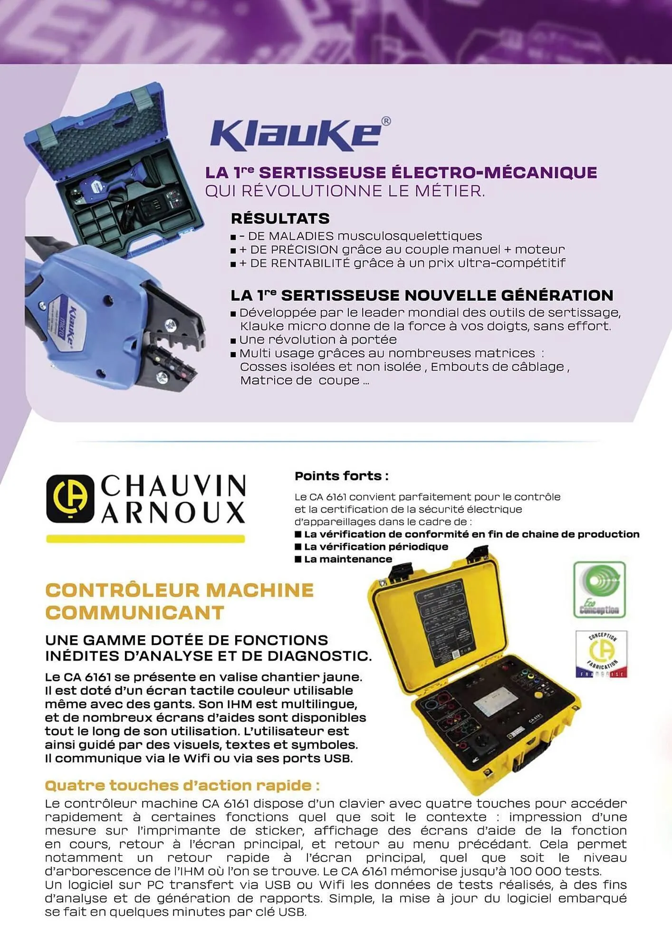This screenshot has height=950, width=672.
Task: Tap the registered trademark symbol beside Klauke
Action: pyautogui.click(x=386, y=122)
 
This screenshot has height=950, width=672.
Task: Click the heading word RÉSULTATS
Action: pyautogui.click(x=280, y=218)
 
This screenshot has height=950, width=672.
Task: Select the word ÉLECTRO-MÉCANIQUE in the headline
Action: pyautogui.click(x=494, y=172)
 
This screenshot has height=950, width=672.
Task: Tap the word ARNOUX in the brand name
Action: pyautogui.click(x=173, y=513)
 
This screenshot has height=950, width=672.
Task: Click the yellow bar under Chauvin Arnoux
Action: pyautogui.click(x=145, y=539)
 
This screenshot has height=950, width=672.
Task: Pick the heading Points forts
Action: pyautogui.click(x=341, y=476)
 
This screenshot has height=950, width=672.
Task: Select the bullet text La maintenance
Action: pyautogui.click(x=348, y=559)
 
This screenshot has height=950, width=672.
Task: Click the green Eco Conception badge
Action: pyautogui.click(x=599, y=589)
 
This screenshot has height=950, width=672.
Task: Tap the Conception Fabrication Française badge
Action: pyautogui.click(x=601, y=654)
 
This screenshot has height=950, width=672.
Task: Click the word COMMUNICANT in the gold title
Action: pyautogui.click(x=134, y=613)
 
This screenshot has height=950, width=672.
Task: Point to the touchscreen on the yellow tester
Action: pyautogui.click(x=496, y=701)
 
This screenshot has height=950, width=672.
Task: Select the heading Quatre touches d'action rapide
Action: pyautogui.click(x=182, y=785)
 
